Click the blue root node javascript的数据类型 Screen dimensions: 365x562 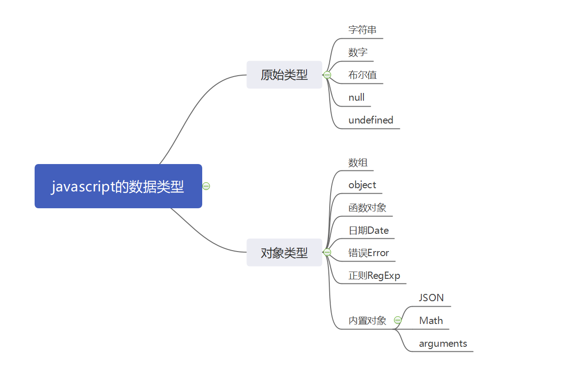tap(118, 186)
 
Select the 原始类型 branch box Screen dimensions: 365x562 tap(284, 75)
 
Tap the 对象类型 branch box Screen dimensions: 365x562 tap(284, 252)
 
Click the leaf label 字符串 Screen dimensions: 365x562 tap(363, 30)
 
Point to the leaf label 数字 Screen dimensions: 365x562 tap(358, 52)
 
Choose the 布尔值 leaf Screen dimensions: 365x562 tap(363, 75)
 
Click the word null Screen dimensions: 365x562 tap(357, 98)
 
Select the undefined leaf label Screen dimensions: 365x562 tap(371, 120)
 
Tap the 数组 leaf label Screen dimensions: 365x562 tap(358, 163)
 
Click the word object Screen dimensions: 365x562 tap(363, 185)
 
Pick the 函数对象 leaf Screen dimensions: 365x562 tap(368, 208)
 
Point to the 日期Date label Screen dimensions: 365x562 tap(369, 231)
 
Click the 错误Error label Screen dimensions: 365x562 tap(369, 253)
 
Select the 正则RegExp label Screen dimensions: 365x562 tap(374, 276)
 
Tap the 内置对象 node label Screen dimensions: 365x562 tap(368, 320)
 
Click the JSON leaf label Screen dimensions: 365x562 tap(431, 298)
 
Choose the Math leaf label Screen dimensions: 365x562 tap(431, 320)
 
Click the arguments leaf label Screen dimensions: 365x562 tap(443, 343)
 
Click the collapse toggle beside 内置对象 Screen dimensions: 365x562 tap(398, 320)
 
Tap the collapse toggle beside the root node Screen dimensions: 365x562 tap(206, 186)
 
